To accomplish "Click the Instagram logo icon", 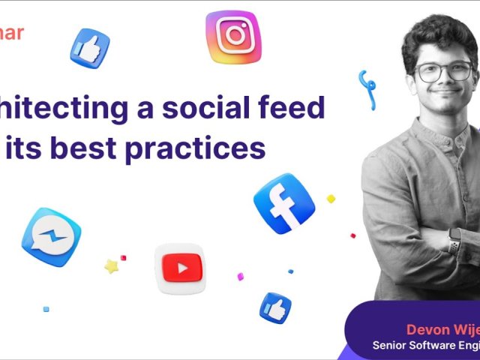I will (x=233, y=34).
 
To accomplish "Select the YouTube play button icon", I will (x=180, y=268).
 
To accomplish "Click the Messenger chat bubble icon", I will (x=51, y=237).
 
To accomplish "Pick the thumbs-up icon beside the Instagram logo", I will (x=90, y=48).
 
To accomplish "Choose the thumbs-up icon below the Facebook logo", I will (x=275, y=308).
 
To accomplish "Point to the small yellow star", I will (x=111, y=266).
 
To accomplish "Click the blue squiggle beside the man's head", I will (x=367, y=88).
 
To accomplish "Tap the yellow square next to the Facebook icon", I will (x=331, y=199).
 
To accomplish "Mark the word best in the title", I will (x=80, y=148).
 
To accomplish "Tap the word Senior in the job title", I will (x=391, y=346).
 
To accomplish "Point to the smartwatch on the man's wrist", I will (x=454, y=241).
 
